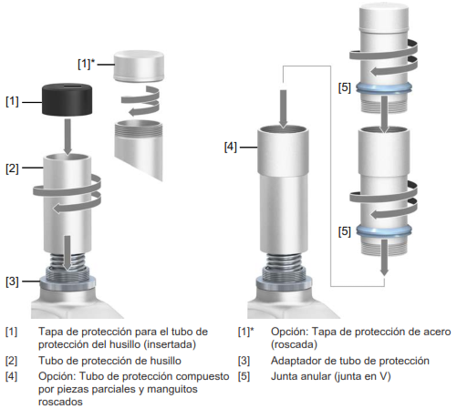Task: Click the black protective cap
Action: (67, 99)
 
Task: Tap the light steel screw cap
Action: (139, 66)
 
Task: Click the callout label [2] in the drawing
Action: (12, 169)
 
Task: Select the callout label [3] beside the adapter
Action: (12, 281)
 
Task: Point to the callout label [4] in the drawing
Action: (230, 148)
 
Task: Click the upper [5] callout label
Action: (345, 88)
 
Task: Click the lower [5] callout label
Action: (345, 232)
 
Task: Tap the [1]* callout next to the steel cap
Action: (87, 64)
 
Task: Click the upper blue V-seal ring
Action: (384, 88)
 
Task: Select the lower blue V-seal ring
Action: (384, 231)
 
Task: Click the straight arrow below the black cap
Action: (68, 137)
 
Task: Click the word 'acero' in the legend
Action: (436, 332)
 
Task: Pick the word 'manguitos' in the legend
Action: (172, 390)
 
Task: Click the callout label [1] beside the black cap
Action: (12, 101)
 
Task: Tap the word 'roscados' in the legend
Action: (60, 402)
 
